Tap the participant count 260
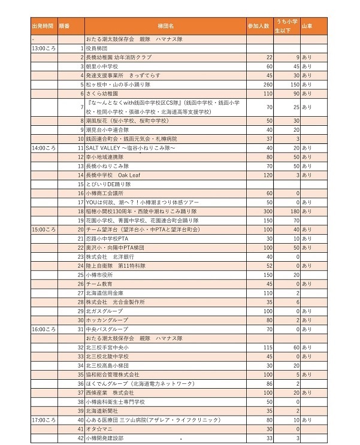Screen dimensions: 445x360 (268, 85)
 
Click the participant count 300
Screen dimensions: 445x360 (268, 211)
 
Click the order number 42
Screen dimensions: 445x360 (81, 439)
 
